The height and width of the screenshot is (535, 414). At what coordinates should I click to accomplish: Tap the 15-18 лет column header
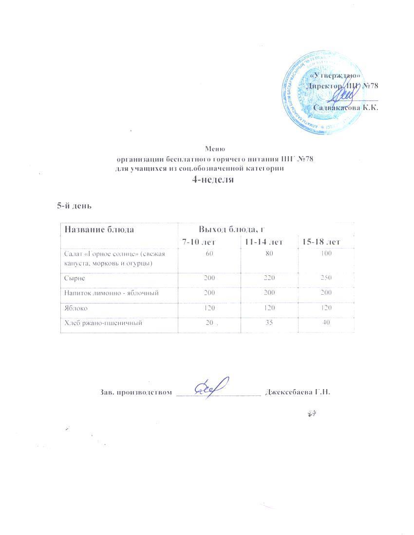(322, 241)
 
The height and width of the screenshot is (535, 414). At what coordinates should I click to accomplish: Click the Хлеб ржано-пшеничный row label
(103, 323)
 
